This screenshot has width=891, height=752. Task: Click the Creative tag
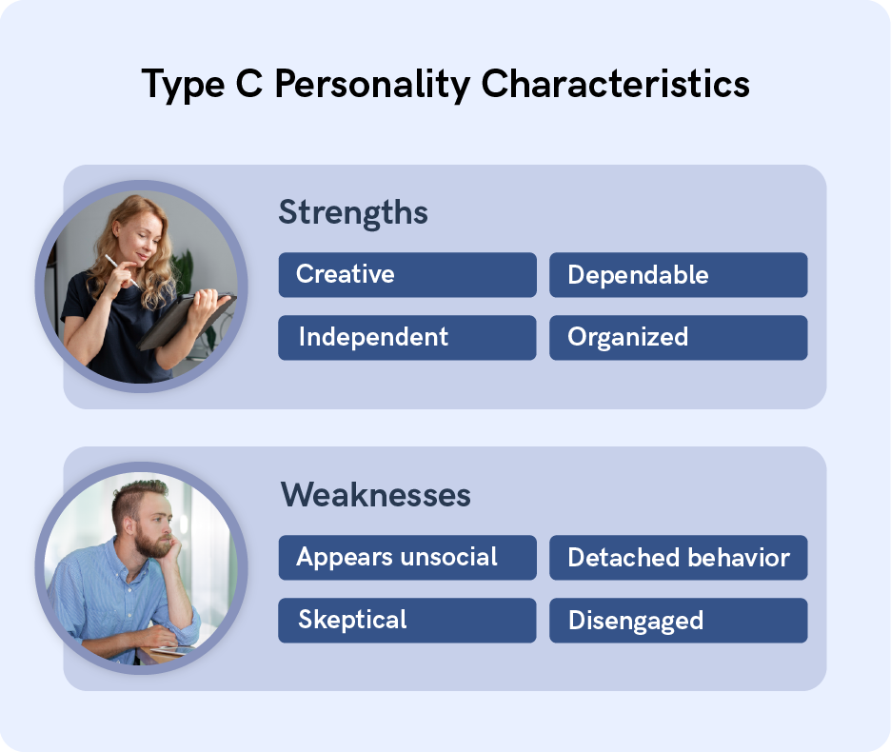406,275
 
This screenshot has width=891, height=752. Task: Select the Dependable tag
678,275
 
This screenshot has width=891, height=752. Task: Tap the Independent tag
406,337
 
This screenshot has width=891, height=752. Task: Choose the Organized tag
678,337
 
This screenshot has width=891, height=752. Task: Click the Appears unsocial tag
406,558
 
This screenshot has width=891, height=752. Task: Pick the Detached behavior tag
678,558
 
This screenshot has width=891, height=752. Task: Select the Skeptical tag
406,620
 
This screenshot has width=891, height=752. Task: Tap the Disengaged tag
678,621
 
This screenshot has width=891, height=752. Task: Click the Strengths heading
353,212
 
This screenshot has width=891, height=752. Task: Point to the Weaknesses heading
375,495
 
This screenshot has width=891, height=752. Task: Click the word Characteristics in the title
615,85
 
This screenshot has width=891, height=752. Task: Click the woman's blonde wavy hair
166,257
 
